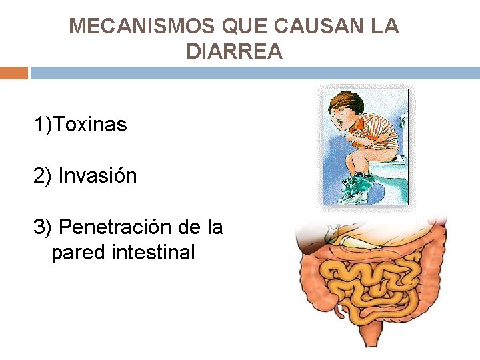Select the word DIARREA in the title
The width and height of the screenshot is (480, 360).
click(x=234, y=51)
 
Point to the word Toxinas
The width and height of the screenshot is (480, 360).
click(x=90, y=124)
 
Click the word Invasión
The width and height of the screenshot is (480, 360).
click(x=97, y=176)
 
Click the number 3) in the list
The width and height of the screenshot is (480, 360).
click(x=43, y=227)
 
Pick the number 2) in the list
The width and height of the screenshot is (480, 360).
click(x=43, y=176)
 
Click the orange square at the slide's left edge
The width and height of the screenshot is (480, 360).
click(x=13, y=73)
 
